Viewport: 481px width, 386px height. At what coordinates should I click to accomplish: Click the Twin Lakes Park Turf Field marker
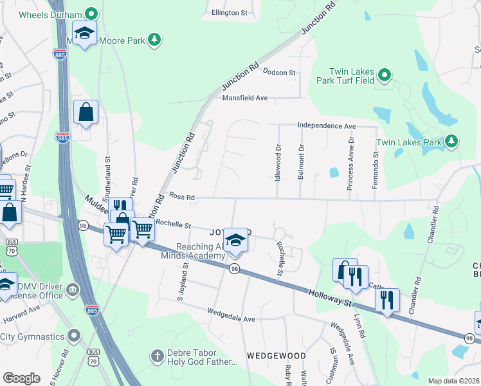(385, 76)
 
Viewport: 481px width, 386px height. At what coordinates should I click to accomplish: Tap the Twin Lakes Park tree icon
(451, 142)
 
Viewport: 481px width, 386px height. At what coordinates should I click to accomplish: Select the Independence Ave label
(326, 126)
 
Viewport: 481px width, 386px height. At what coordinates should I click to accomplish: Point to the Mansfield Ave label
(244, 98)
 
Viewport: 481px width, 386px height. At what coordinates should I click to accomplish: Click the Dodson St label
(278, 73)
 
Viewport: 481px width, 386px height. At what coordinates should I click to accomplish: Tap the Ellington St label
(230, 12)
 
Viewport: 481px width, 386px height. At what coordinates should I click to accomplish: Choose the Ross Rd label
(181, 196)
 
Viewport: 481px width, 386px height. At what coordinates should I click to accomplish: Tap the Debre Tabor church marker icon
(158, 355)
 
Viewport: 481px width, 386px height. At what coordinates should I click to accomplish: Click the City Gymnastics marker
(75, 336)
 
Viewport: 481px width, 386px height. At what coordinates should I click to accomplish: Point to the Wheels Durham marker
(91, 14)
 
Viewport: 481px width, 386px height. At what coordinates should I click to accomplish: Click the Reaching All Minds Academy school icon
(236, 241)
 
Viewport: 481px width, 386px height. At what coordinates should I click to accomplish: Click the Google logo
(21, 378)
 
